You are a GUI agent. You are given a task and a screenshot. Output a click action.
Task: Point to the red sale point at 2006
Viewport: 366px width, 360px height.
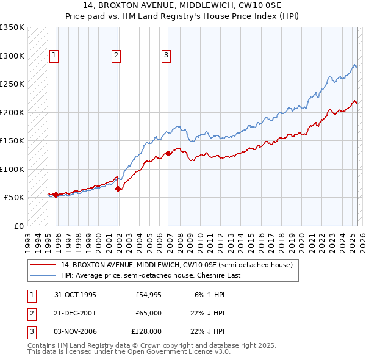pos(168,154)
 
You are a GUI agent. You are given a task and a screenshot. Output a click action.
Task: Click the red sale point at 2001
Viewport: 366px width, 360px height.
pos(118,189)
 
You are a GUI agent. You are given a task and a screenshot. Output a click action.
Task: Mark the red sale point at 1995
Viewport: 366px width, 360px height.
pos(56,195)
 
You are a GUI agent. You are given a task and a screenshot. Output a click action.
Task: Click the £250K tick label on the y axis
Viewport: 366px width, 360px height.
pos(12,84)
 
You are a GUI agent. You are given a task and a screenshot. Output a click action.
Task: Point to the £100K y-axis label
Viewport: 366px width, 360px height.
pos(12,169)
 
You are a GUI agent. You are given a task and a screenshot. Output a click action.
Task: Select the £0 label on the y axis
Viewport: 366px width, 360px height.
pos(18,226)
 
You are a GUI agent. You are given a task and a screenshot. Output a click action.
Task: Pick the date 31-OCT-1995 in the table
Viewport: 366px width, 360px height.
pos(75,295)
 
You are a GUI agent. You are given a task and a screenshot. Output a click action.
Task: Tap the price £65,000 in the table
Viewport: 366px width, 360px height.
pos(149,313)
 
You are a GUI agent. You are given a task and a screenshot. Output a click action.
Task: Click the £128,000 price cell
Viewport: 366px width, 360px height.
pos(148,331)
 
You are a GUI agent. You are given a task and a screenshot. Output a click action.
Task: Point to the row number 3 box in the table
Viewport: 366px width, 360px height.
pos(31,331)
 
